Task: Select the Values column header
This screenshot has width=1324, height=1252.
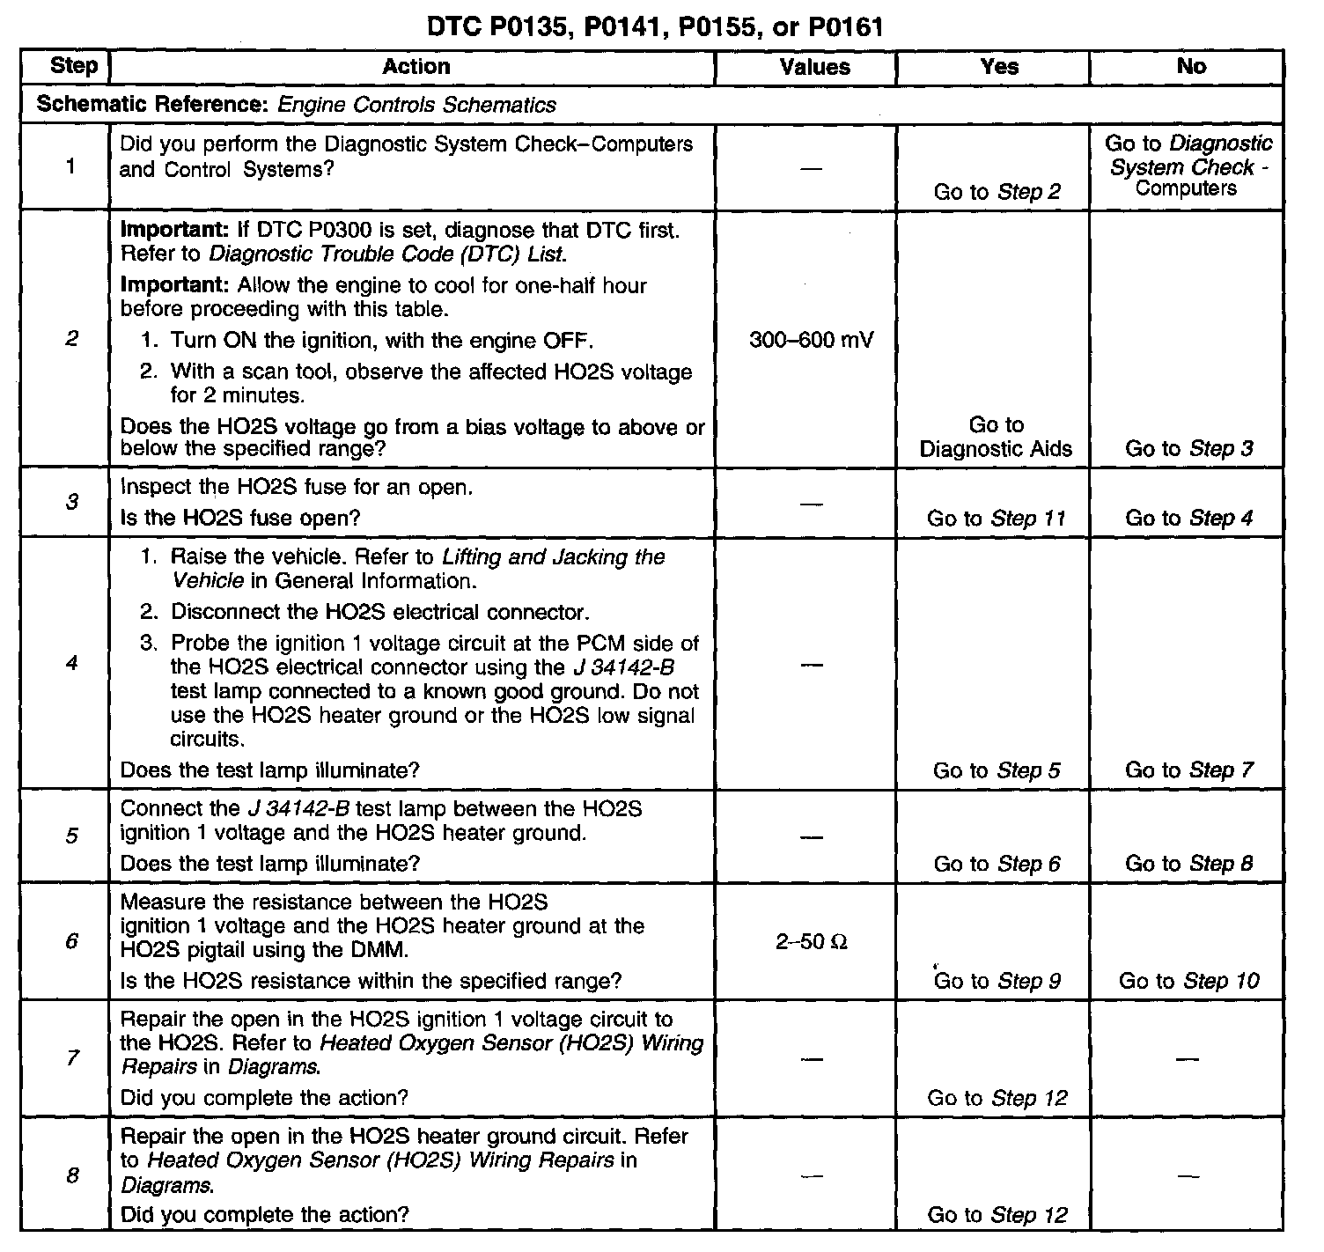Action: point(814,68)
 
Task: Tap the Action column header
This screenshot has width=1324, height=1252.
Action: point(416,67)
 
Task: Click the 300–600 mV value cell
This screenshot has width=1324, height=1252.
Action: point(811,340)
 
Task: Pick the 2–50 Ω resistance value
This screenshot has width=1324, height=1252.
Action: point(811,942)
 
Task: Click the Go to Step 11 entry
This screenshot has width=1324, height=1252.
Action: point(996,519)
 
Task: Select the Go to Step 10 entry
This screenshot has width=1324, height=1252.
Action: point(1188,981)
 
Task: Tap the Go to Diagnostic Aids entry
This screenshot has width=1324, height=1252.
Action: point(996,437)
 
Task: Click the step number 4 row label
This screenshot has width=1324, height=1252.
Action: point(71,663)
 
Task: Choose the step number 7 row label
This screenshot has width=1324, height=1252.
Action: point(71,1057)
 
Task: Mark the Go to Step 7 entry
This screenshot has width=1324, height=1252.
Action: point(1188,770)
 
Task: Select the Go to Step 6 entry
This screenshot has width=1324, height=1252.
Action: point(997,864)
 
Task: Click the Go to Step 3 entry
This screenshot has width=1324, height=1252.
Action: point(1188,449)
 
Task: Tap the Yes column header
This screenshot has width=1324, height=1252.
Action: point(999,67)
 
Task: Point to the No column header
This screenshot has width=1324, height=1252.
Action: point(1191,67)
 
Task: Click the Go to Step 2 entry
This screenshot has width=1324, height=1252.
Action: point(997,192)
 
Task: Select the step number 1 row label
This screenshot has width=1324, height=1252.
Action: point(71,166)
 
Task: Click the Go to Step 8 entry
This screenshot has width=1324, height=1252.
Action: point(1188,864)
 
